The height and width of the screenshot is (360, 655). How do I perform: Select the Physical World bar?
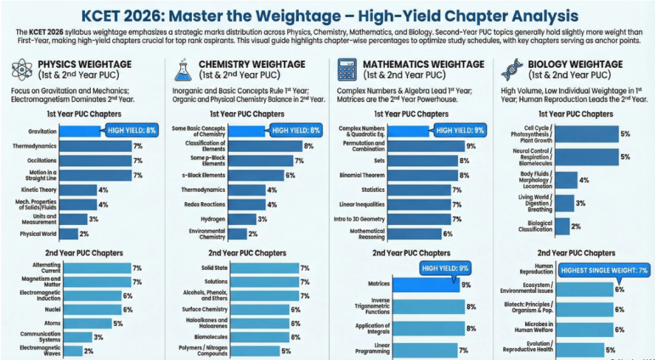pyautogui.click(x=70, y=234)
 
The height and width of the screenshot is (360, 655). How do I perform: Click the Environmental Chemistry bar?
pyautogui.click(x=237, y=234)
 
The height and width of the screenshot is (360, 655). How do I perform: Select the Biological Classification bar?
pyautogui.click(x=562, y=226)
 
